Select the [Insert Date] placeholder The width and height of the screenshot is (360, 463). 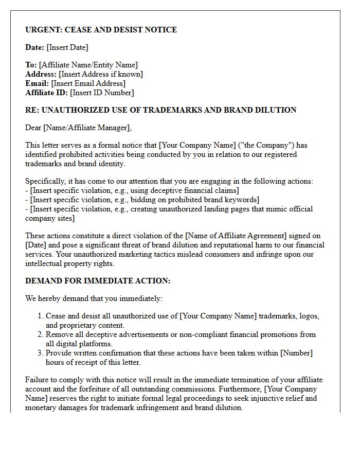(67, 47)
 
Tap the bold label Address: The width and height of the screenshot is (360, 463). (41, 74)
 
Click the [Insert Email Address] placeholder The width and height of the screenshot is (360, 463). (88, 83)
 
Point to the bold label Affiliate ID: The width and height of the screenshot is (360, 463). (46, 93)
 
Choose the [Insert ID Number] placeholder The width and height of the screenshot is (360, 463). (102, 93)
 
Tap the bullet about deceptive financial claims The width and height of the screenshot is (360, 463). (132, 190)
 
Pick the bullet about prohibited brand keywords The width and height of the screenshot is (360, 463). (142, 200)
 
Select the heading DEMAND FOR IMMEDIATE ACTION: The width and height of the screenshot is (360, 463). (98, 281)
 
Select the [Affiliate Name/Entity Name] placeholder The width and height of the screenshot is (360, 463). (88, 65)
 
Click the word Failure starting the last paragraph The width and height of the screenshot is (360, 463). (38, 380)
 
